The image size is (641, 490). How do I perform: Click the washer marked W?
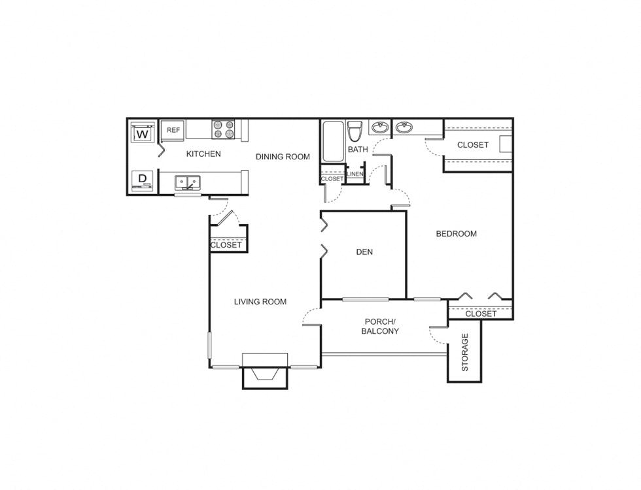[x=143, y=134]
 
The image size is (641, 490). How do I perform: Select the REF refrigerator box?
[x=173, y=130]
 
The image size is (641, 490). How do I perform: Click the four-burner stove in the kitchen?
[x=223, y=129]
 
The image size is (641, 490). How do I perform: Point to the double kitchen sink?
[x=188, y=182]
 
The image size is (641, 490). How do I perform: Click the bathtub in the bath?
[x=332, y=141]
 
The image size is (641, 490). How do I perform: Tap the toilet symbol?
[x=355, y=131]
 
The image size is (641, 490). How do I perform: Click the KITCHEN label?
[x=203, y=154]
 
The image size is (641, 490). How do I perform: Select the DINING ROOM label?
[x=283, y=156]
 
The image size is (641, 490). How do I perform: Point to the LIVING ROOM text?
[x=260, y=301]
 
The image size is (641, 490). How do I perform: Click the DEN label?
[x=364, y=252]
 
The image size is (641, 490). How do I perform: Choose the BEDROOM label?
[x=457, y=233]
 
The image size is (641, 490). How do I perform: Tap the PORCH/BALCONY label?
[x=381, y=326]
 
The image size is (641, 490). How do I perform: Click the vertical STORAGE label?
[x=465, y=352]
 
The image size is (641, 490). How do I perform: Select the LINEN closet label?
[x=355, y=174]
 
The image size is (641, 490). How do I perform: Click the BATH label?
[x=358, y=150]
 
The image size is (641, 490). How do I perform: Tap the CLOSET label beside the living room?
[x=226, y=245]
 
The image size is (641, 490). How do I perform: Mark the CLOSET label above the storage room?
[x=481, y=314]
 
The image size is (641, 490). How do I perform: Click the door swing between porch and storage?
[x=435, y=335]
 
